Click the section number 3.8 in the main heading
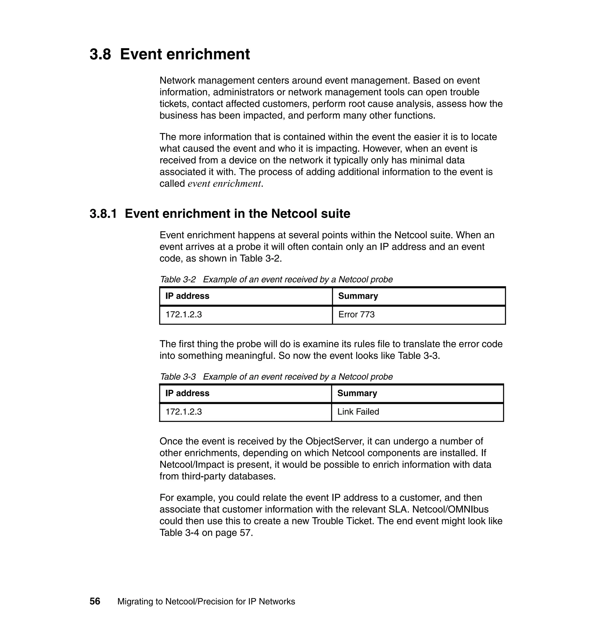pos(100,54)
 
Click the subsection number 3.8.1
pos(103,214)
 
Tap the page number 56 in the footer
pos(95,602)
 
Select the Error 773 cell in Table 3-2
pos(356,315)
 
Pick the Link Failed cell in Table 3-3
pos(358,412)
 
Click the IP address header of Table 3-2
pos(187,296)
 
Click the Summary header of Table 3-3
pos(357,393)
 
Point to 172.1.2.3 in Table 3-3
pos(184,412)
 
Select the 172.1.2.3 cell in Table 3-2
pos(184,315)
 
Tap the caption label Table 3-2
pos(178,280)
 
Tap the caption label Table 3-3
pos(178,377)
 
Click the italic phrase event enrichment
pos(225,184)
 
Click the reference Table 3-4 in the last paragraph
pos(179,533)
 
